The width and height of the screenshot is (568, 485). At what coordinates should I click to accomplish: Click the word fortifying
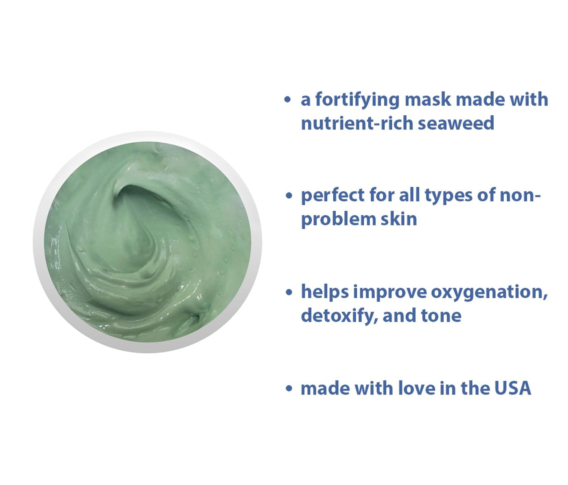point(357,100)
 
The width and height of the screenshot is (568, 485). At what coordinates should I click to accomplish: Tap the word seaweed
point(456,123)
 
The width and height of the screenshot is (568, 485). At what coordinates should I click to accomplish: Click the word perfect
point(332,195)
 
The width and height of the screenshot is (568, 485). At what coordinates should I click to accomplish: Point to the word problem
point(333,219)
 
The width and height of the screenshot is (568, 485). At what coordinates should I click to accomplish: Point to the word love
point(416,388)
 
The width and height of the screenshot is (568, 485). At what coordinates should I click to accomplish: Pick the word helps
point(325,292)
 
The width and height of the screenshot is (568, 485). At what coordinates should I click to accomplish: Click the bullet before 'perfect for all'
point(289,195)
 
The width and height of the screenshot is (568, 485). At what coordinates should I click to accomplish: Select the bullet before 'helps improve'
point(289,292)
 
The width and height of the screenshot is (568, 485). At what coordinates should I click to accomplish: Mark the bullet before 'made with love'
point(289,388)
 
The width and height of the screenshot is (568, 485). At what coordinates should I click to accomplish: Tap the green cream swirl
point(147,242)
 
